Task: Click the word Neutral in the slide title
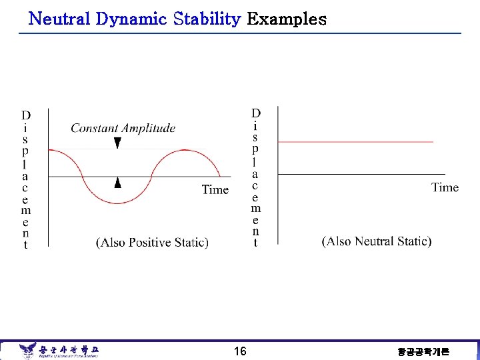(x=60, y=19)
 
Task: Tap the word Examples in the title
(x=287, y=19)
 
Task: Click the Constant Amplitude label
(x=123, y=128)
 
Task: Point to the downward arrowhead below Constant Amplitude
(x=117, y=143)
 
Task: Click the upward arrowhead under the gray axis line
(x=117, y=182)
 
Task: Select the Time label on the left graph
(x=215, y=190)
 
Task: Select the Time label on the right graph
(x=445, y=187)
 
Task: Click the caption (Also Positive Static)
(x=153, y=243)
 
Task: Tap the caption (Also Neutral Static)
(x=377, y=241)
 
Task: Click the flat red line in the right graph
(x=355, y=142)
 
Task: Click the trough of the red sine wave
(x=119, y=202)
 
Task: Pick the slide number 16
(x=240, y=351)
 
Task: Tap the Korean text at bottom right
(x=423, y=351)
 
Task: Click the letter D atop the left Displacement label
(x=25, y=115)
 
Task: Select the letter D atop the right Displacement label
(x=256, y=113)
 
